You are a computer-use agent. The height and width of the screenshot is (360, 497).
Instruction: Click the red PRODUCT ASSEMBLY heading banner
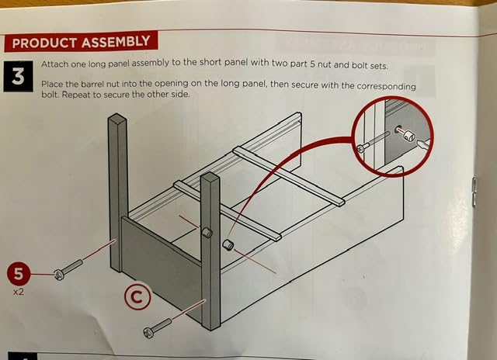pyautogui.click(x=81, y=41)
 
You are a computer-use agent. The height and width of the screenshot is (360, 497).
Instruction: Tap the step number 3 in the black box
pyautogui.click(x=18, y=77)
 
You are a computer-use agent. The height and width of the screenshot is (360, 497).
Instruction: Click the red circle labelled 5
pyautogui.click(x=19, y=273)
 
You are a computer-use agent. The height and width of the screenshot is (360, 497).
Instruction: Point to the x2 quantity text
pyautogui.click(x=19, y=292)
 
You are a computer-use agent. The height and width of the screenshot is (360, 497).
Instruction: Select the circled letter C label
pyautogui.click(x=137, y=297)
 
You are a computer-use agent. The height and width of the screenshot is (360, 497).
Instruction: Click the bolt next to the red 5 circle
pyautogui.click(x=68, y=269)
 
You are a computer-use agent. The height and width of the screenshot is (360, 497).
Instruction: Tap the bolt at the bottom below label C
pyautogui.click(x=157, y=328)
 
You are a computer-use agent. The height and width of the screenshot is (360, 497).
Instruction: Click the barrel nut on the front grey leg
pyautogui.click(x=207, y=232)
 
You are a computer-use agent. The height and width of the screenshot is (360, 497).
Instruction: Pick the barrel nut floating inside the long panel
pyautogui.click(x=228, y=244)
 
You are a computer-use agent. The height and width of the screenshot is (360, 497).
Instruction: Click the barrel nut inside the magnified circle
pyautogui.click(x=409, y=137)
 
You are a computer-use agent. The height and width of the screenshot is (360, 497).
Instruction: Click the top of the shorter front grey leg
pyautogui.click(x=210, y=177)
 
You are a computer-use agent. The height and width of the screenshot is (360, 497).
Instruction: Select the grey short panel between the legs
pyautogui.click(x=162, y=260)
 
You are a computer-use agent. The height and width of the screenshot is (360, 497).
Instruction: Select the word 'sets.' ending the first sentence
pyautogui.click(x=379, y=67)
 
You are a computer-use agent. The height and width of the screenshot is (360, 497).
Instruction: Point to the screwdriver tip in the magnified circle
pyautogui.click(x=421, y=144)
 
